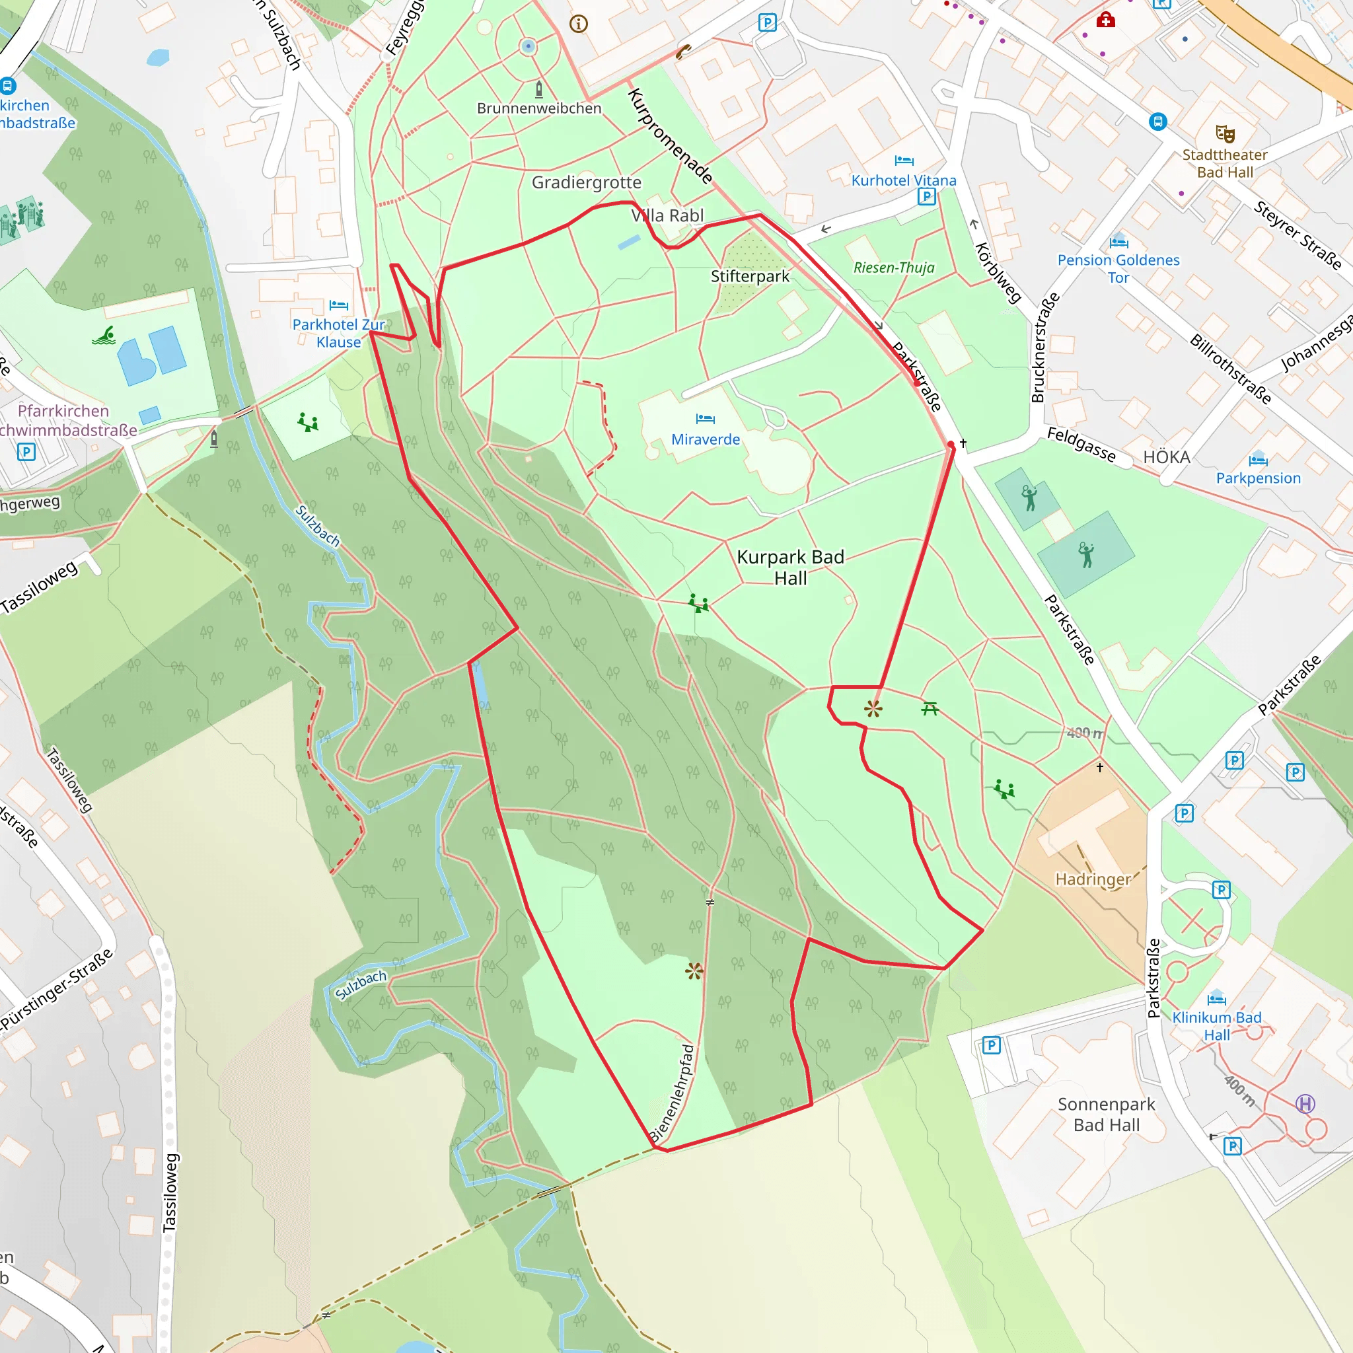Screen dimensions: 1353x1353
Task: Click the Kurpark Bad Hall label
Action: coord(790,567)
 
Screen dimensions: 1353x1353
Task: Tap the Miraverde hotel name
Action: coord(705,439)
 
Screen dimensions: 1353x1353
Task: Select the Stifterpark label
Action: coord(750,276)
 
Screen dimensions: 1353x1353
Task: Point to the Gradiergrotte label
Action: coord(586,182)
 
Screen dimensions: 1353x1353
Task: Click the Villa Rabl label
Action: coord(667,215)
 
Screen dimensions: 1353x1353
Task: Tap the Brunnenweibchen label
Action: coord(539,108)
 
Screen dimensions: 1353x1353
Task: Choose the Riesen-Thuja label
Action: coord(894,268)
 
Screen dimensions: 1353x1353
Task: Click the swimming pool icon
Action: coord(104,336)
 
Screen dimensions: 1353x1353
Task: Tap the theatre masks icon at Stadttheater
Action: coord(1225,133)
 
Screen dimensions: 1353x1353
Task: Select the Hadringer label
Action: coord(1093,879)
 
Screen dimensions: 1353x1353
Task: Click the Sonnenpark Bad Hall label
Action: coord(1107,1115)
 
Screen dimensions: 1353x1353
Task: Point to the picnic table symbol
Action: coord(930,710)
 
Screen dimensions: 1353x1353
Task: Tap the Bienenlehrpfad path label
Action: coord(672,1093)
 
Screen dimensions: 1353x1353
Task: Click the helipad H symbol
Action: coord(1305,1104)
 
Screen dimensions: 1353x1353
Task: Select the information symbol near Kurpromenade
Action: coord(579,24)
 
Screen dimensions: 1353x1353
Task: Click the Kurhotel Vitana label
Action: coord(903,180)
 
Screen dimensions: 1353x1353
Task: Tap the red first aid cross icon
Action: coord(1106,20)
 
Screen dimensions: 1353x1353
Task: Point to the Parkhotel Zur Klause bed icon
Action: coord(338,305)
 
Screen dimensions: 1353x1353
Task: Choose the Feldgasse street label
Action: coord(1081,444)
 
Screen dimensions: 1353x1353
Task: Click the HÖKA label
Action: coord(1167,457)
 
